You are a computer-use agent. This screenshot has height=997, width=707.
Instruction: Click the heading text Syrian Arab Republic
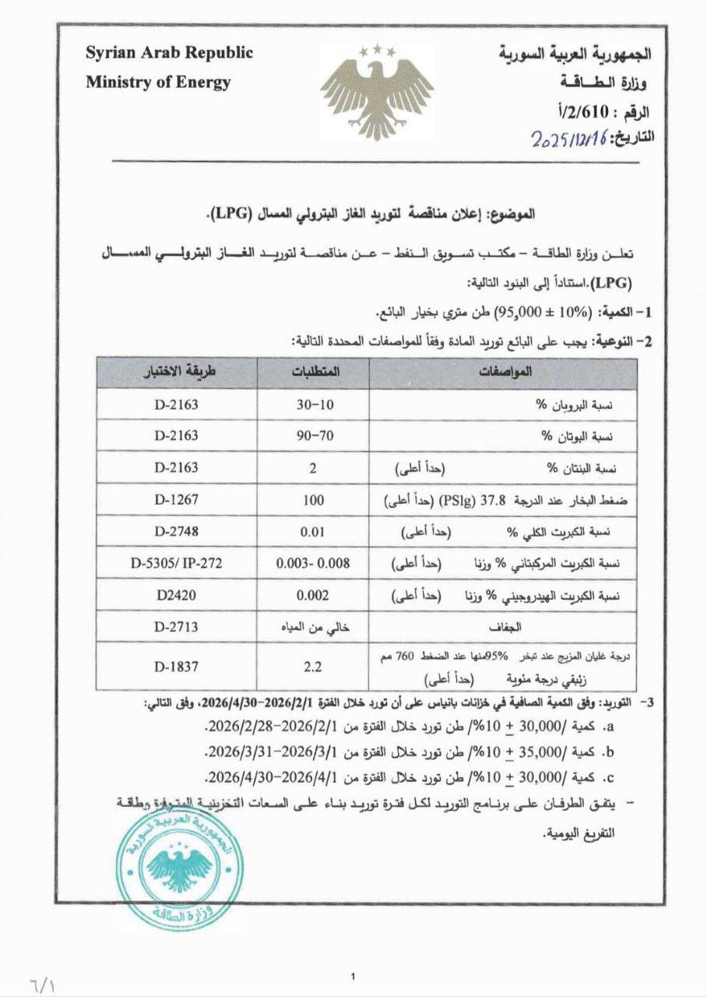[x=169, y=53]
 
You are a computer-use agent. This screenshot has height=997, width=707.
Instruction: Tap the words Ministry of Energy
[x=158, y=82]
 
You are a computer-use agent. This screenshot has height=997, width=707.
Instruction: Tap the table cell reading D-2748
[x=176, y=532]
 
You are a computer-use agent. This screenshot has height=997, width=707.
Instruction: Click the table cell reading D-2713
[x=176, y=625]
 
